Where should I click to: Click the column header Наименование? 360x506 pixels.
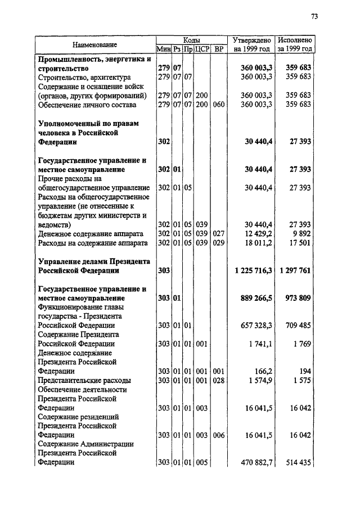pyautogui.click(x=94, y=44)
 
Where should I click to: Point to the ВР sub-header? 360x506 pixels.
pyautogui.click(x=219, y=49)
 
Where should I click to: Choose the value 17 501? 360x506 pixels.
pyautogui.click(x=299, y=243)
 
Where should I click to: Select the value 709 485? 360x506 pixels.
pyautogui.click(x=299, y=326)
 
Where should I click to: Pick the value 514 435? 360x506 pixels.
pyautogui.click(x=299, y=463)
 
